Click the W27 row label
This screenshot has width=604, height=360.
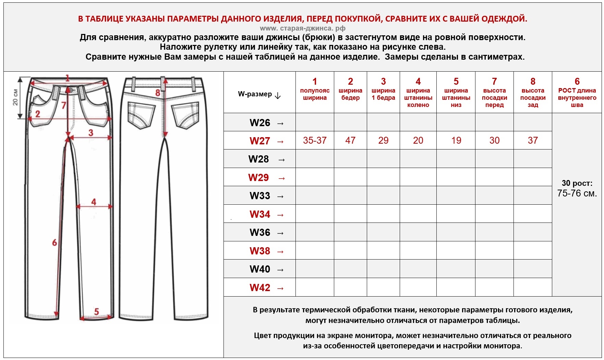(x=260, y=141)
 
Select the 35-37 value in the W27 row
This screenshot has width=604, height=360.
(x=315, y=140)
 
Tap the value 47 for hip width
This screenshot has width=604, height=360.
(x=350, y=140)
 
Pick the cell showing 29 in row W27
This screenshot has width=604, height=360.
(x=383, y=140)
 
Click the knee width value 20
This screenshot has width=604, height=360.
(x=418, y=140)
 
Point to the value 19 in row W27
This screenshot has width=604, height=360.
(x=456, y=140)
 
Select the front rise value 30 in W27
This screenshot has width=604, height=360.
(x=494, y=140)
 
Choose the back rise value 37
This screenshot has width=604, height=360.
(x=533, y=140)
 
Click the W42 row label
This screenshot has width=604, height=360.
(x=260, y=288)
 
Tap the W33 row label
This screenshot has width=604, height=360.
(x=260, y=196)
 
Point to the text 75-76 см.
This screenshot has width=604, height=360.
(x=577, y=193)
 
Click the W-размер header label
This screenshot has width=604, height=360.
(x=255, y=94)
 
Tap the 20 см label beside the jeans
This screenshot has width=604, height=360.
(x=15, y=97)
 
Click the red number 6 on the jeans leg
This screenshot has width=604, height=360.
(x=55, y=243)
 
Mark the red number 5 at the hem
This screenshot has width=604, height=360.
(x=96, y=311)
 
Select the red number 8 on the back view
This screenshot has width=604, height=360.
(x=158, y=93)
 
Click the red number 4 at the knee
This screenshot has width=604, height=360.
(x=94, y=202)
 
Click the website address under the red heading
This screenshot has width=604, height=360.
(x=302, y=28)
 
